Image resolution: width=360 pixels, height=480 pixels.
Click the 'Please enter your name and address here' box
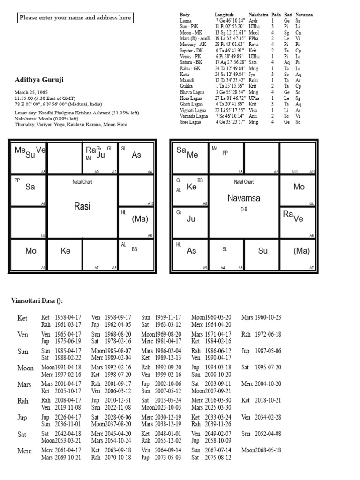pyautogui.click(x=75, y=18)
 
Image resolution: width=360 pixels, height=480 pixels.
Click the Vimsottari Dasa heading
pyautogui.click(x=37, y=300)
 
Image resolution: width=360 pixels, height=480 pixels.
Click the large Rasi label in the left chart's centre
pyautogui.click(x=82, y=206)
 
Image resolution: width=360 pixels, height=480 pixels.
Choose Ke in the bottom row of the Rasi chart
pyautogui.click(x=66, y=251)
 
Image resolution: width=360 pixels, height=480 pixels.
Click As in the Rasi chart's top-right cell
pyautogui.click(x=136, y=155)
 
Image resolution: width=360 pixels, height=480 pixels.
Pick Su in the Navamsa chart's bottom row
pyautogui.click(x=263, y=251)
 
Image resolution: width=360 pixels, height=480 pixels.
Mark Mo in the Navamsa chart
pyautogui.click(x=299, y=187)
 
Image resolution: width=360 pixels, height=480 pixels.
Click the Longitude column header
pyautogui.click(x=224, y=15)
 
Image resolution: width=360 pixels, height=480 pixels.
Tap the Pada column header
pyautogui.click(x=277, y=15)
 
